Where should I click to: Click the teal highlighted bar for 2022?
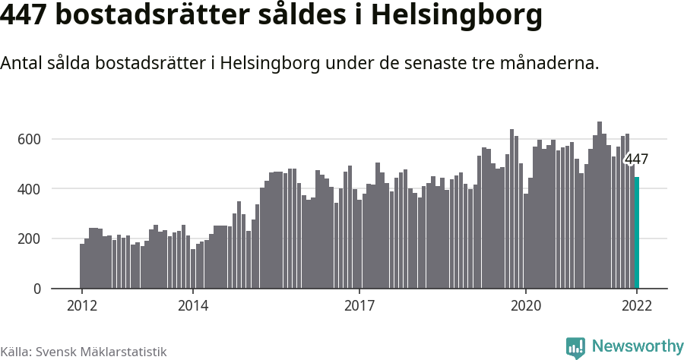tap(637, 233)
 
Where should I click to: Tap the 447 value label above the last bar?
tap(635, 159)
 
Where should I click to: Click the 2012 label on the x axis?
tap(81, 306)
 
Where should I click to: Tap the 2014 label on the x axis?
tap(193, 306)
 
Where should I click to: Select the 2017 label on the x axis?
tap(359, 306)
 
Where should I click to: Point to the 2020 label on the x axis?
tap(526, 306)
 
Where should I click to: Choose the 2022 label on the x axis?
tap(637, 306)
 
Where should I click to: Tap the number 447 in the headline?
tap(28, 16)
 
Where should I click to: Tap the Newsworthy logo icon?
tap(575, 348)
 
